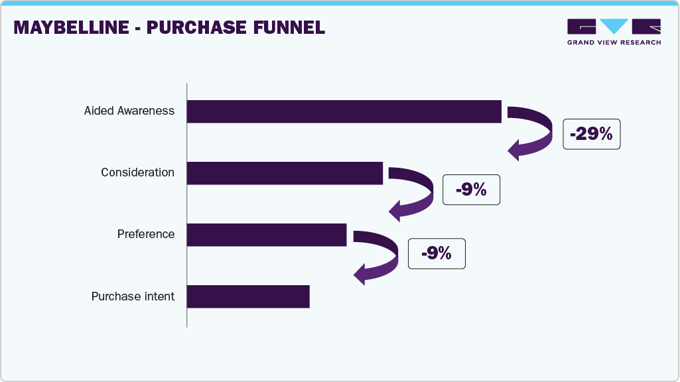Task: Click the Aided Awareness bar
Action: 344,111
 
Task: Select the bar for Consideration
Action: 285,173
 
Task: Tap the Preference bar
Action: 266,235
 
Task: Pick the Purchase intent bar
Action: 248,296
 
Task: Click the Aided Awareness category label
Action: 129,111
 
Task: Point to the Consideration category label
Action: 137,172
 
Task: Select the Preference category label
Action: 146,234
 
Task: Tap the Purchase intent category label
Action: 133,296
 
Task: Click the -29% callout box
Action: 591,134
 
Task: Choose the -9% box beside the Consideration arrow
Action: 471,190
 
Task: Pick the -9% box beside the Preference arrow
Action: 436,253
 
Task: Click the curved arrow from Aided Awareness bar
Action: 539,133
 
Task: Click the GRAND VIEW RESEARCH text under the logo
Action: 614,42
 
